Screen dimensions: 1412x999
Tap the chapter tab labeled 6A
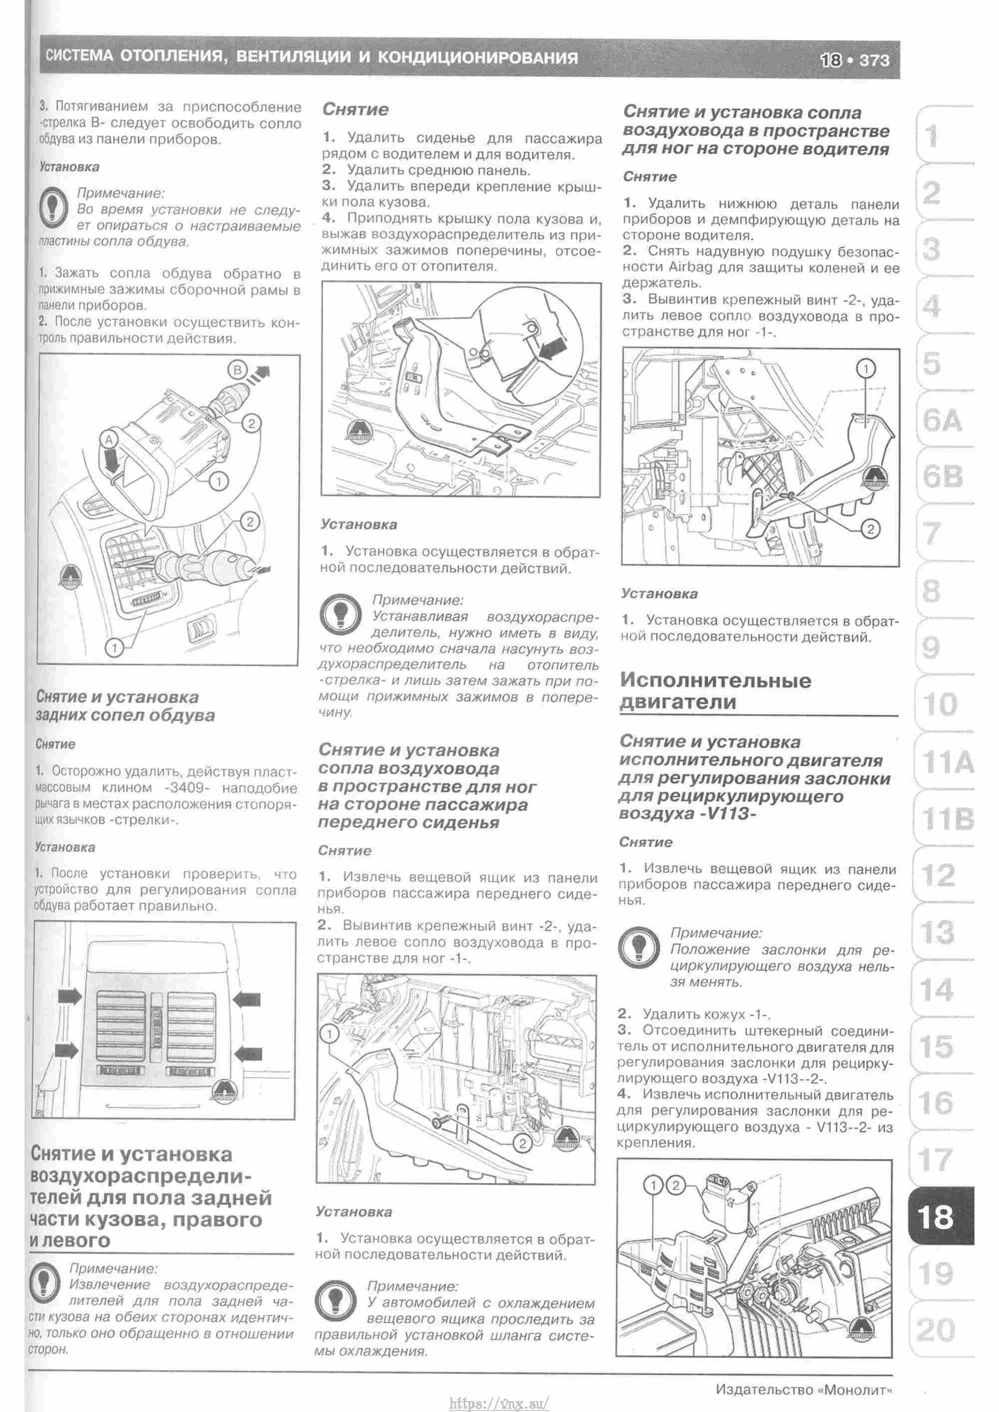coord(940,421)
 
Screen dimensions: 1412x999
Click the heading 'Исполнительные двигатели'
coord(715,691)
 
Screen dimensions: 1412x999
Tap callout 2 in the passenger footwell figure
coord(521,1143)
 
